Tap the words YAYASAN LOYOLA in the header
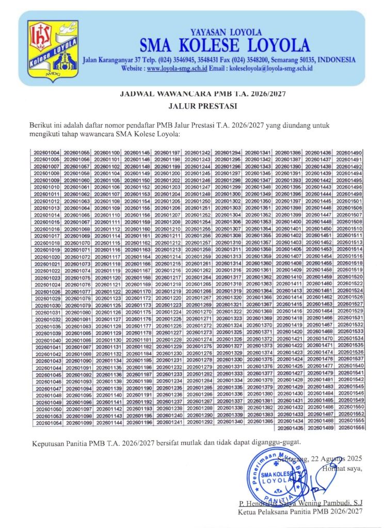(x=227, y=32)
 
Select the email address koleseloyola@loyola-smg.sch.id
(x=268, y=68)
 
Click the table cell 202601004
(x=47, y=153)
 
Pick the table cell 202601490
(x=350, y=153)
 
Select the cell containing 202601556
(x=350, y=428)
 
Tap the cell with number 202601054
(x=47, y=422)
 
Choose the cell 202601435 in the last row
(x=290, y=428)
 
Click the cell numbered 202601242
(x=198, y=153)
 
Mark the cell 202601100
(x=107, y=153)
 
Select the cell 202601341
(x=259, y=153)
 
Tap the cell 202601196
(x=138, y=422)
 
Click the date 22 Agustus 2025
(x=335, y=458)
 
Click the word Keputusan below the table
(x=50, y=443)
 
